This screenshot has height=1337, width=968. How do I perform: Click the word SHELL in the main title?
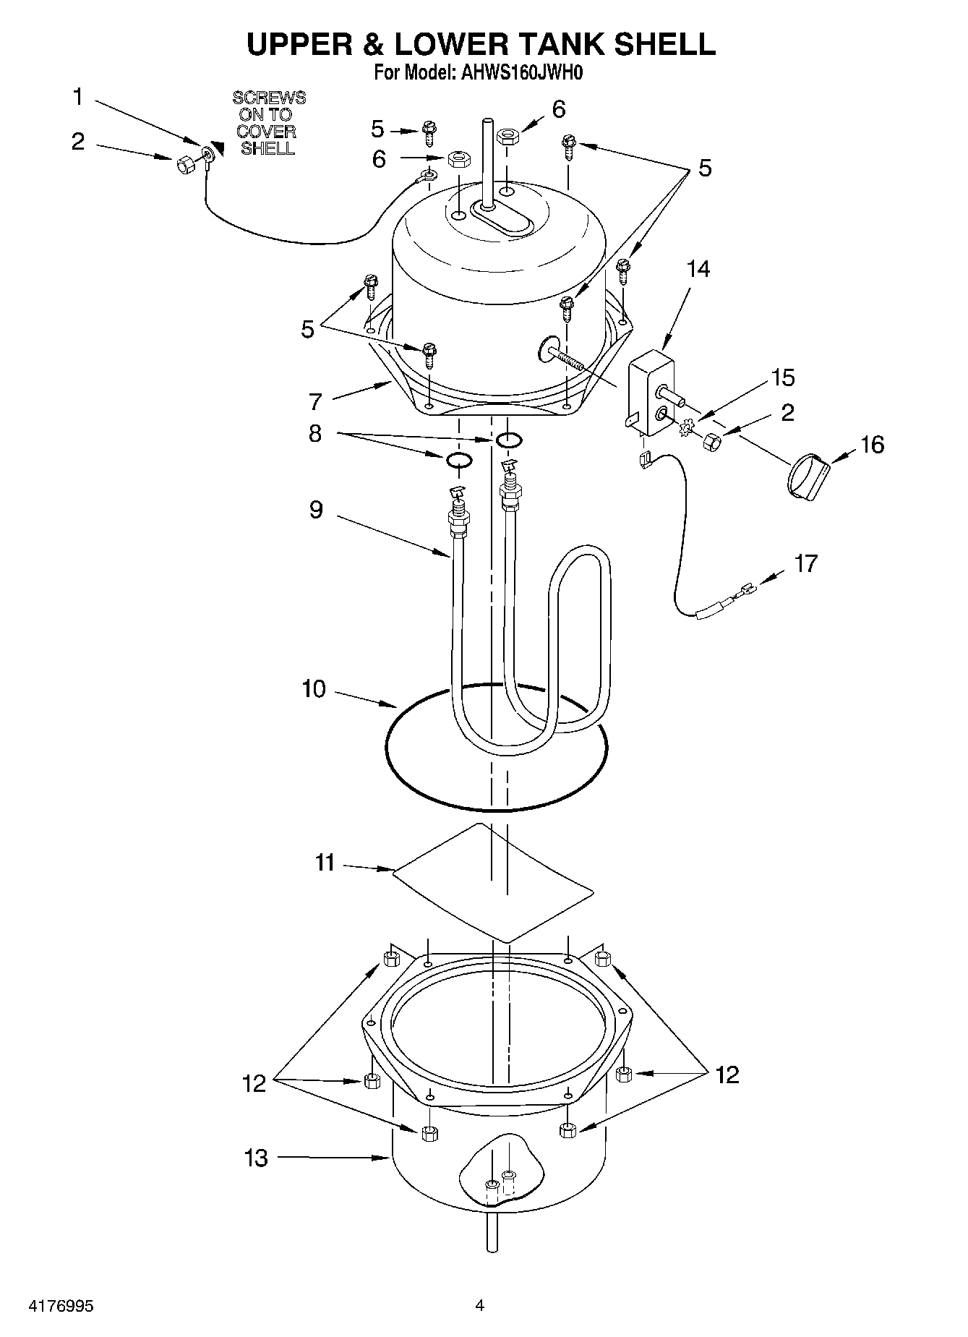point(664,44)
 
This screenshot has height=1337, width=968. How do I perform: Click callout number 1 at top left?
point(78,97)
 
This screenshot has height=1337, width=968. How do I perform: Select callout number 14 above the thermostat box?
point(698,269)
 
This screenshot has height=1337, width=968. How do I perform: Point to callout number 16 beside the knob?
point(873,444)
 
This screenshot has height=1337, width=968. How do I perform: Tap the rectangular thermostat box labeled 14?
point(652,394)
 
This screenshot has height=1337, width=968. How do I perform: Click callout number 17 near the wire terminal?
point(805,563)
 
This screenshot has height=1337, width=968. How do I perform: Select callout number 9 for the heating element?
point(316,510)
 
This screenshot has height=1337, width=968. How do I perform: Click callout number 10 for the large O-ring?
point(314,689)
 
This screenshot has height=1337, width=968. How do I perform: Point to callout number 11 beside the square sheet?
point(325,863)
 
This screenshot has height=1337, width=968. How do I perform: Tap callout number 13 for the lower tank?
point(255,1158)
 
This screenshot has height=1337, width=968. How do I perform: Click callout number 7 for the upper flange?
point(314,401)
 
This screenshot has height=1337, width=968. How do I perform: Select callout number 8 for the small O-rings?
point(314,433)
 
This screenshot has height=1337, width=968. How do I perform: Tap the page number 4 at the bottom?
point(479,1305)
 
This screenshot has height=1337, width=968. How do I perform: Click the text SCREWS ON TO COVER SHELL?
point(268,123)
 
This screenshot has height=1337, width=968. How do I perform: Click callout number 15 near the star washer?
point(782,377)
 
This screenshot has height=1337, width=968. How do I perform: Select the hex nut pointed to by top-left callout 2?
point(184,165)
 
